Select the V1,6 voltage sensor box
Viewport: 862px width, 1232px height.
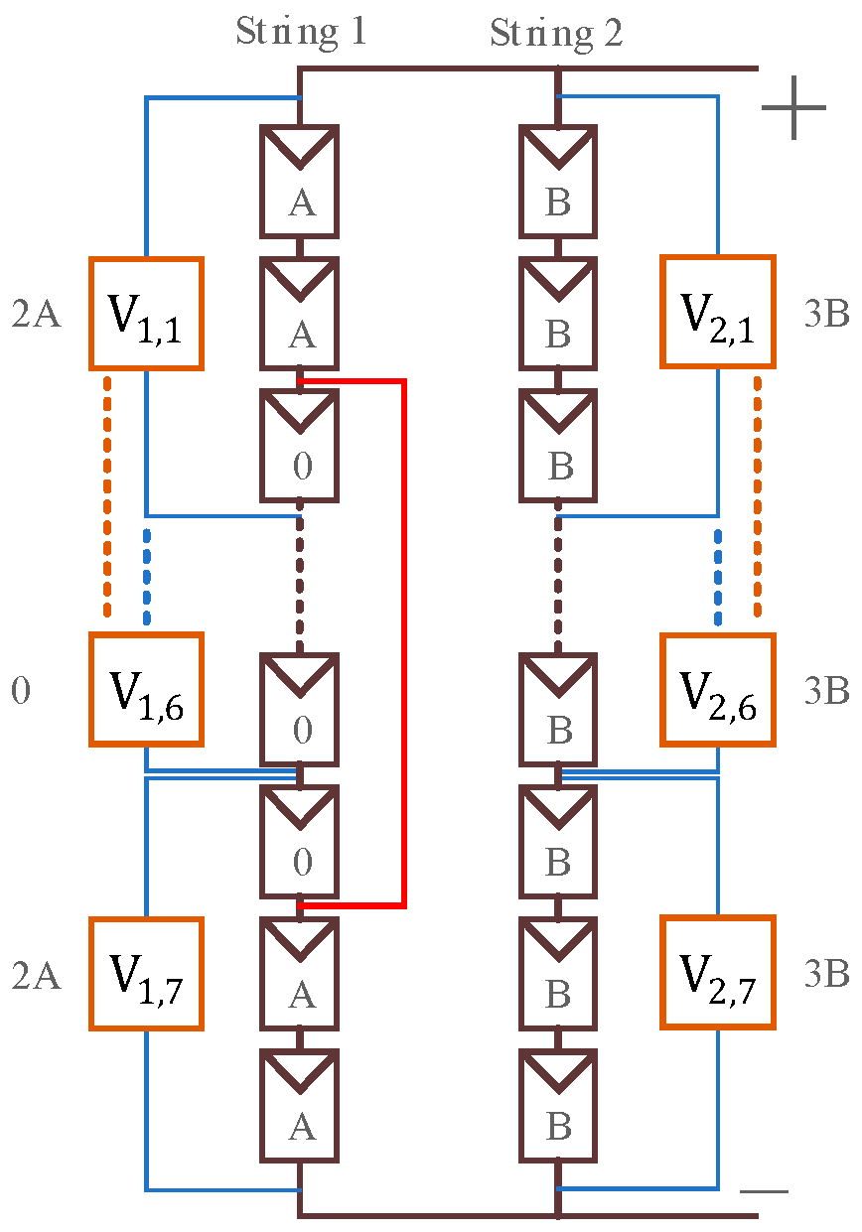tap(147, 690)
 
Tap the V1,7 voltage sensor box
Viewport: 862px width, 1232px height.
tap(147, 974)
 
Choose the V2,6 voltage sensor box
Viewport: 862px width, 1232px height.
tap(717, 690)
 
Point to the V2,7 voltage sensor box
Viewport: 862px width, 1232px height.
tap(717, 972)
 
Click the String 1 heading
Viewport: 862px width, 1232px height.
tap(301, 32)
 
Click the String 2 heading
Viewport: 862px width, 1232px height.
tap(556, 34)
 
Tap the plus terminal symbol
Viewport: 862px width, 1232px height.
tap(793, 106)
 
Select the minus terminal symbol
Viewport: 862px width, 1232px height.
tap(765, 1190)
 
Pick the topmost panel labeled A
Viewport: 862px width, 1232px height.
tap(301, 182)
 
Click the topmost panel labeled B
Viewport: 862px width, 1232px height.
tap(558, 182)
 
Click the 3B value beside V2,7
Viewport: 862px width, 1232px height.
tap(825, 975)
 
